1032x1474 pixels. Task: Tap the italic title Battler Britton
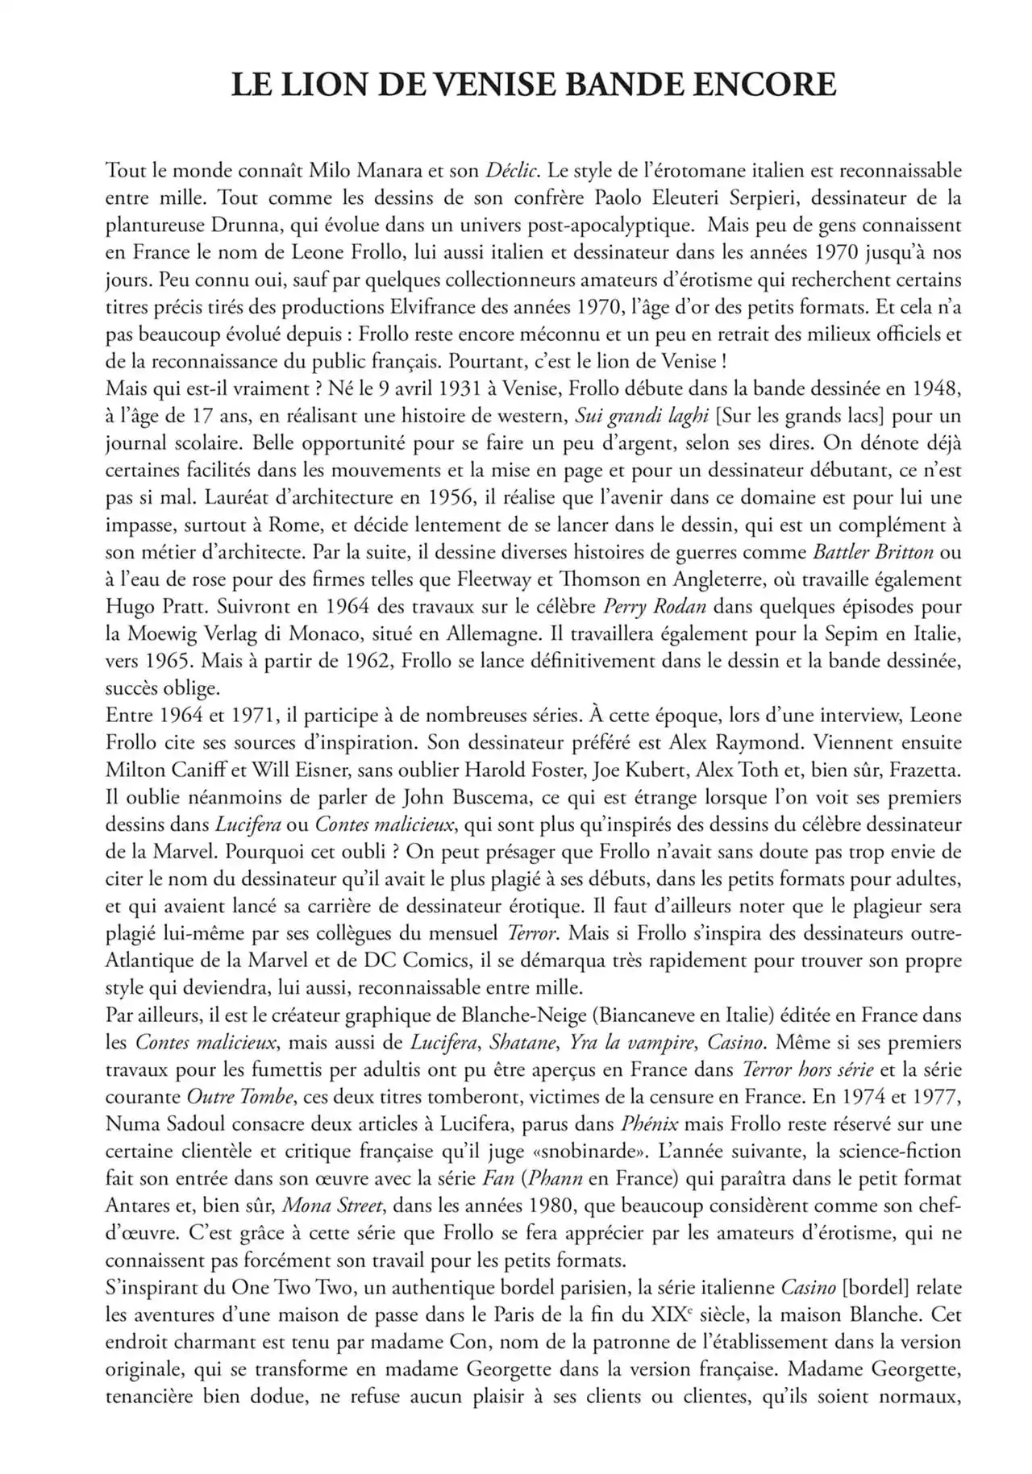click(873, 552)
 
